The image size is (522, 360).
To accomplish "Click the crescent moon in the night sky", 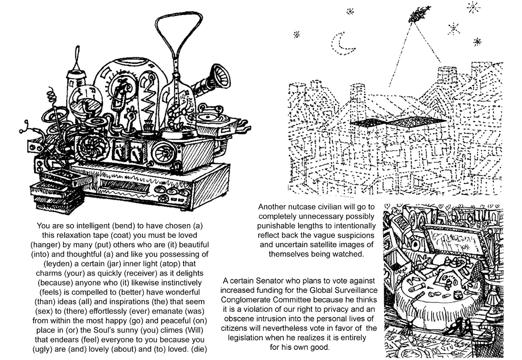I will click(x=345, y=44).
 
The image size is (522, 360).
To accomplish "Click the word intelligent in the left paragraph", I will click(x=92, y=226).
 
